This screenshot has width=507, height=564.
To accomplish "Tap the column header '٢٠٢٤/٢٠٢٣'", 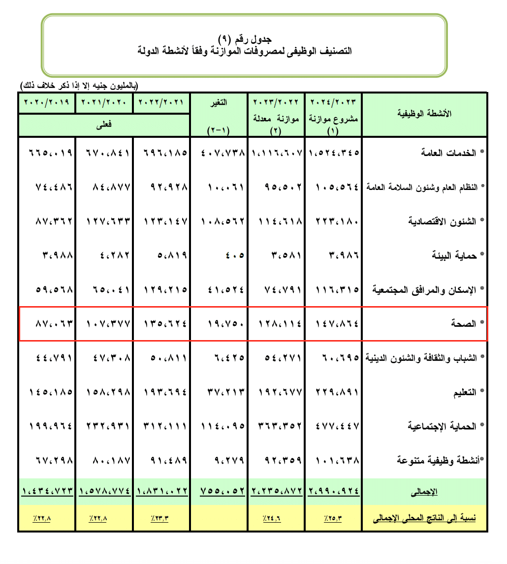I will pos(333,102).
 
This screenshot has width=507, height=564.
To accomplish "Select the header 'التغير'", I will pos(219,102).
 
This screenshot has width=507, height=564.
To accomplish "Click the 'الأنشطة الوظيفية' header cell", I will pos(424,114).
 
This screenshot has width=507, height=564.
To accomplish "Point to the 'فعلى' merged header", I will pos(104,125).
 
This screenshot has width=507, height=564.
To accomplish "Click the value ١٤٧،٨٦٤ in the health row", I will pos(334,324).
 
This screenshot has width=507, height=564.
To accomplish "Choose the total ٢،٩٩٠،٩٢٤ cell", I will pos(334,491).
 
